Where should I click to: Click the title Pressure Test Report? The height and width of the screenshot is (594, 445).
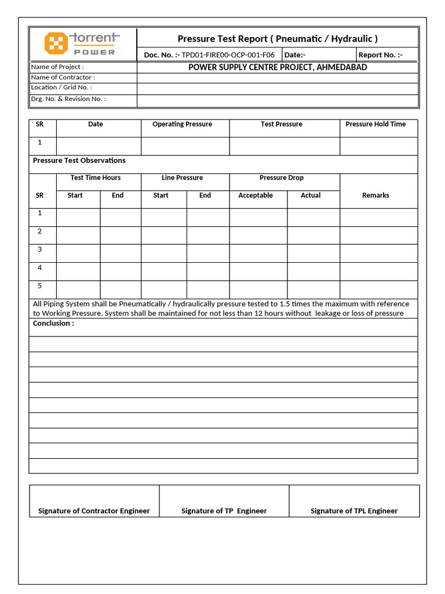click(277, 39)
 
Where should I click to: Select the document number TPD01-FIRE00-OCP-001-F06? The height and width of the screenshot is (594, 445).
click(228, 55)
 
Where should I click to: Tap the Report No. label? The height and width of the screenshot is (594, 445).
click(380, 55)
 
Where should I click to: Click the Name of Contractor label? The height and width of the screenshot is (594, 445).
click(63, 77)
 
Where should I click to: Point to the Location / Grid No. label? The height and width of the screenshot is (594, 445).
click(61, 88)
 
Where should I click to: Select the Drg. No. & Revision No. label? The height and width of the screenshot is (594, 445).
click(68, 99)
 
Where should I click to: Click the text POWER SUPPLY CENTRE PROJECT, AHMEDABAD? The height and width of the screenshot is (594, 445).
click(278, 67)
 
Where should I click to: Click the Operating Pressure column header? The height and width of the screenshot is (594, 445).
click(182, 124)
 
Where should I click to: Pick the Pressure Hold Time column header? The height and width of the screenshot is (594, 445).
click(375, 124)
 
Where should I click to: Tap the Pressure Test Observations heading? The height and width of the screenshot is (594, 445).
click(79, 161)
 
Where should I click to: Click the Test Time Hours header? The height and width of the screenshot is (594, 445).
click(96, 178)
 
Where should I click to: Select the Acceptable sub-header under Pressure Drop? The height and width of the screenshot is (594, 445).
click(256, 195)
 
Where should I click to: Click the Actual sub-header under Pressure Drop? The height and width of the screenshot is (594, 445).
click(311, 195)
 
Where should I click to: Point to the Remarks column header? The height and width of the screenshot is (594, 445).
click(375, 195)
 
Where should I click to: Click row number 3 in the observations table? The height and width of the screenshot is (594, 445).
click(40, 249)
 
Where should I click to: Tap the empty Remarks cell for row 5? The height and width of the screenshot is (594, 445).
click(378, 289)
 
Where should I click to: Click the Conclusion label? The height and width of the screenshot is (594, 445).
click(53, 324)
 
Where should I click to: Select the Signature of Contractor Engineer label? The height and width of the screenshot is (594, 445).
click(94, 511)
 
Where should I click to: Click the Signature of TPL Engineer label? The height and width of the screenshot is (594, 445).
click(354, 511)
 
